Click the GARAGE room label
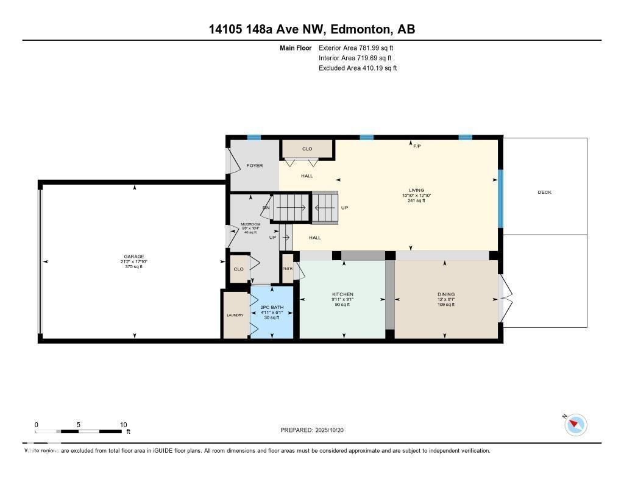click(133, 257)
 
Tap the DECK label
click(544, 193)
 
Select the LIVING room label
click(417, 190)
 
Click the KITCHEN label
click(342, 294)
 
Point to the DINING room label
click(445, 294)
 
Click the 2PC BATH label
click(272, 307)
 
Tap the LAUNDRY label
click(235, 315)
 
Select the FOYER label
click(254, 166)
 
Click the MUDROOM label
click(250, 224)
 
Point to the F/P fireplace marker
click(417, 146)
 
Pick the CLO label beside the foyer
click(307, 149)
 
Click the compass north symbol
click(575, 424)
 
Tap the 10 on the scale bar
click(123, 425)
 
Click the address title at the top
click(312, 29)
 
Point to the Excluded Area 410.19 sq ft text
click(358, 68)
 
